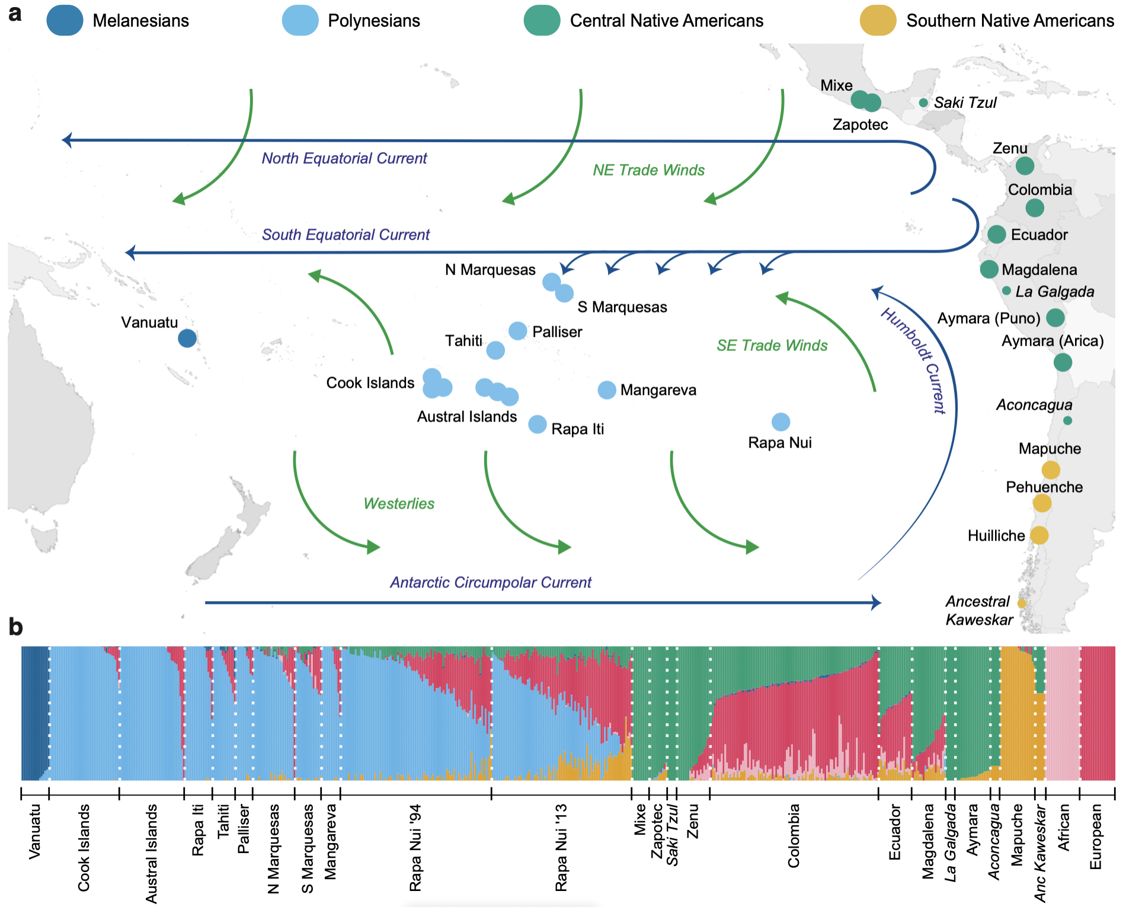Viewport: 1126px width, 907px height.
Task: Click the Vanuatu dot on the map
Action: (187, 338)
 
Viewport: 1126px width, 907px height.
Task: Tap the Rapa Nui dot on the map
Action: (781, 422)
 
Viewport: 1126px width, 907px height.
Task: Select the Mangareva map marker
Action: (607, 390)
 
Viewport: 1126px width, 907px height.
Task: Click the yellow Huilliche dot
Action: (1039, 535)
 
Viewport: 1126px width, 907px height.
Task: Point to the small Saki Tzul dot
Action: (923, 103)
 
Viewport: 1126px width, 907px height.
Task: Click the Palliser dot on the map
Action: (518, 331)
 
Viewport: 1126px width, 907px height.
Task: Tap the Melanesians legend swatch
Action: (65, 20)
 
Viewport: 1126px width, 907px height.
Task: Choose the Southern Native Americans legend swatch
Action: (878, 20)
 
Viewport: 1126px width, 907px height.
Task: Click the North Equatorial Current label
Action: (344, 158)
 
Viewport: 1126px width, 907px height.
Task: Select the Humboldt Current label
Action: (913, 360)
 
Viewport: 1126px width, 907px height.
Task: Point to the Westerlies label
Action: (399, 504)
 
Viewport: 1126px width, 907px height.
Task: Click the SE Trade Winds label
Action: (772, 346)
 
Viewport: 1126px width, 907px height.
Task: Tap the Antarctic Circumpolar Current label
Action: (491, 583)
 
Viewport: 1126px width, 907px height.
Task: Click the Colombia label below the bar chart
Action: (794, 836)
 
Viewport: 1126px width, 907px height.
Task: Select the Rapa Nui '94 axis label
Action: (415, 848)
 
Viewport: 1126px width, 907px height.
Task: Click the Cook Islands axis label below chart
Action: (84, 848)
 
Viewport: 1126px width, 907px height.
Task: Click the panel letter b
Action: (15, 627)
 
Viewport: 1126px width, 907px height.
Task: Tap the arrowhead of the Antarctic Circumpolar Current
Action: (877, 603)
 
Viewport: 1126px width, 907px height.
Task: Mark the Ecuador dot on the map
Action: (997, 234)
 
